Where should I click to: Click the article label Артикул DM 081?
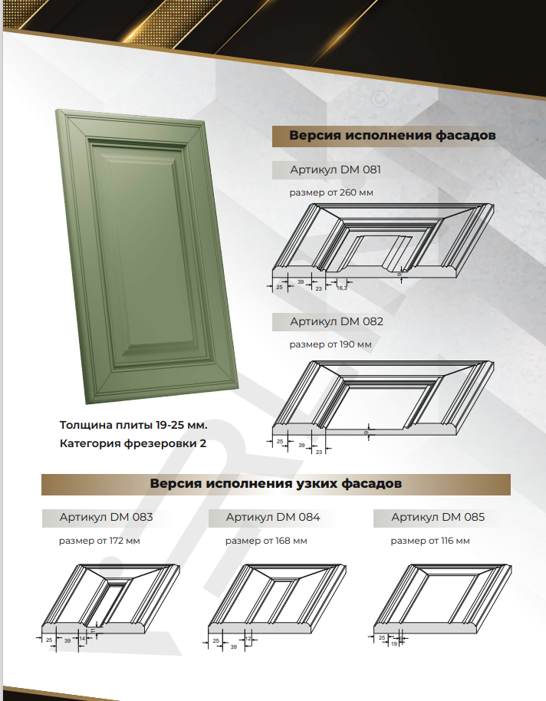[x=335, y=169]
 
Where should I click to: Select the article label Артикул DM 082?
[x=336, y=321]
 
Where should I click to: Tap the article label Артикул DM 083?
[x=106, y=517]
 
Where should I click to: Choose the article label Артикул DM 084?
[x=272, y=517]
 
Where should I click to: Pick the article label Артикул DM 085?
[x=438, y=517]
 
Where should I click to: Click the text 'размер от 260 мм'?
[x=331, y=193]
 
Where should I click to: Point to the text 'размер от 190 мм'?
[x=330, y=344]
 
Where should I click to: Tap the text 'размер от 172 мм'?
[x=99, y=541]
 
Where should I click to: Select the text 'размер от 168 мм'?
[x=265, y=541]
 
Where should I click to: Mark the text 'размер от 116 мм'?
[x=429, y=541]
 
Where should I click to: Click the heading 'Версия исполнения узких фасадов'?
[x=275, y=485]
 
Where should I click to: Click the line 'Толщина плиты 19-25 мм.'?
[x=133, y=424]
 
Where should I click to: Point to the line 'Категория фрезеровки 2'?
[x=133, y=443]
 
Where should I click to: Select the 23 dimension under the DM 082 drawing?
[x=319, y=452]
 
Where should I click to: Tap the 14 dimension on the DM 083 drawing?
[x=82, y=638]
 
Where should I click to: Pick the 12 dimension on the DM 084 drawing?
[x=248, y=638]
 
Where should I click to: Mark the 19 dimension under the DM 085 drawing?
[x=393, y=645]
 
